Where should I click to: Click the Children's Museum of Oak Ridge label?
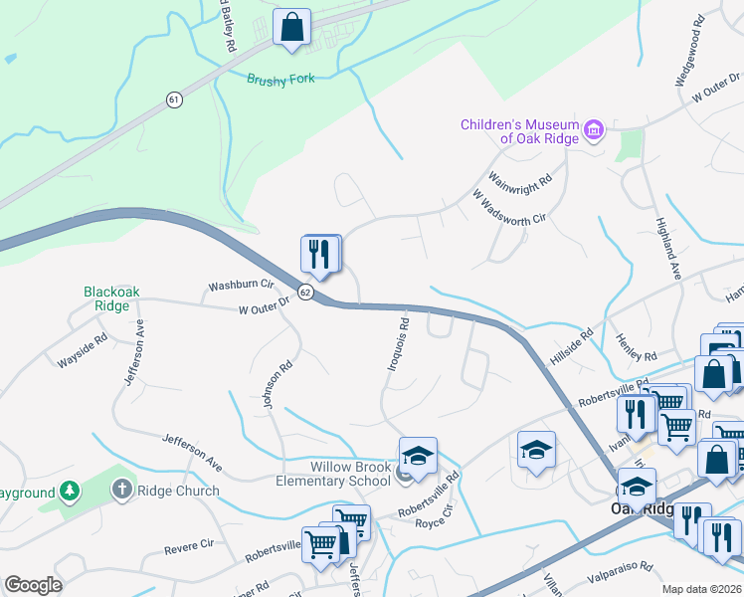518,131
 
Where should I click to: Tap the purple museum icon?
594,129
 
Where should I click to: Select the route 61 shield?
175,99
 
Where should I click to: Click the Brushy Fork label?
280,79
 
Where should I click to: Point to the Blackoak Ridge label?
106,298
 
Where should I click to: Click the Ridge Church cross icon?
122,489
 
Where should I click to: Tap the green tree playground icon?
69,491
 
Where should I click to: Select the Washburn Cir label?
240,286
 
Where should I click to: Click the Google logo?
33,585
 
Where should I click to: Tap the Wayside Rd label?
82,353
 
